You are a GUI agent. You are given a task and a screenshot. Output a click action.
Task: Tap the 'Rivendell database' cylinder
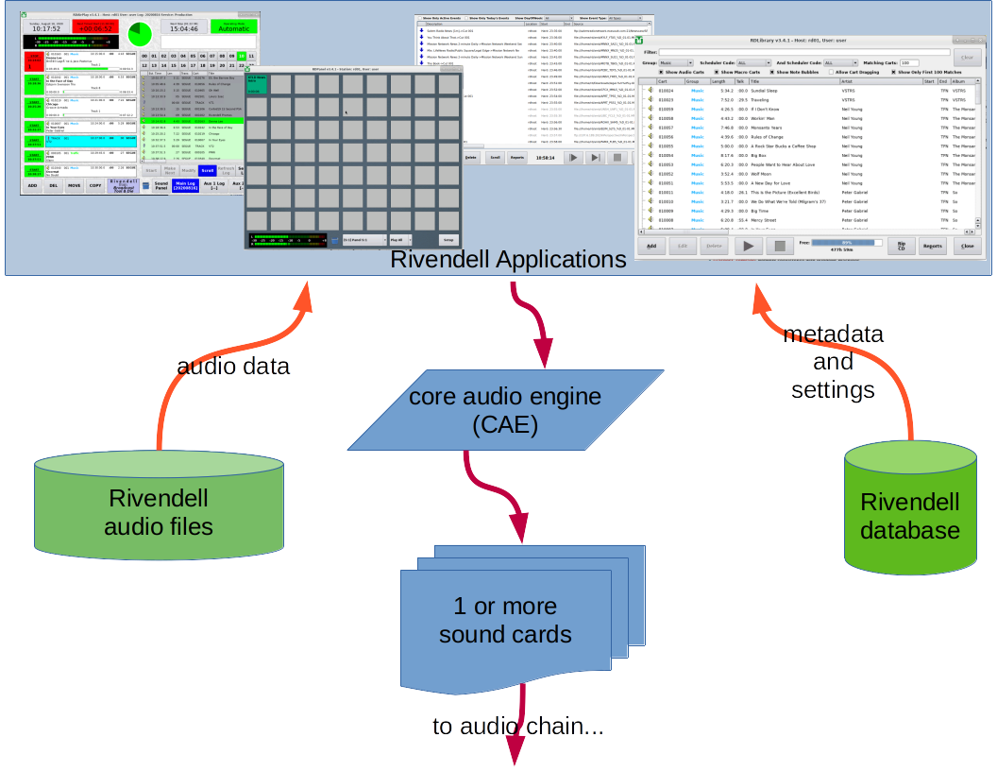(x=909, y=510)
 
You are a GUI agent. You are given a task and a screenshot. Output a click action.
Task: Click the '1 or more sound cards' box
(x=505, y=619)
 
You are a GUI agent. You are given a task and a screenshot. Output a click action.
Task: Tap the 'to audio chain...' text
(x=517, y=726)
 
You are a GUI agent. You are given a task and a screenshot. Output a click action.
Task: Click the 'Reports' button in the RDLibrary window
(x=932, y=246)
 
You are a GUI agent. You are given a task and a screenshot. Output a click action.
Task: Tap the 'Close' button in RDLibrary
(x=966, y=246)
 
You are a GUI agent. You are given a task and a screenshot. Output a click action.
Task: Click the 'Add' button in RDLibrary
(x=650, y=246)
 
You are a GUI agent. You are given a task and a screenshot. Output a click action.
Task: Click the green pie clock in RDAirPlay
(x=140, y=33)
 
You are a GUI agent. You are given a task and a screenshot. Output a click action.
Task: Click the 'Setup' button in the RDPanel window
(x=448, y=240)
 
